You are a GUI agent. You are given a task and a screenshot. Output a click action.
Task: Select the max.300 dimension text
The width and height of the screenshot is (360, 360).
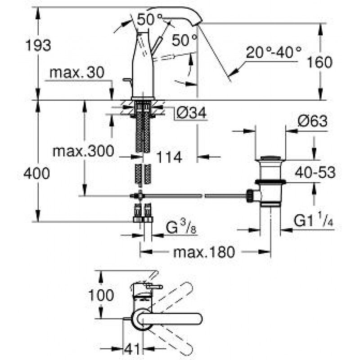[x=83, y=150]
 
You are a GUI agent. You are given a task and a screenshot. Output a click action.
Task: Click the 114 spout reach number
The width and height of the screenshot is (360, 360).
[x=169, y=157]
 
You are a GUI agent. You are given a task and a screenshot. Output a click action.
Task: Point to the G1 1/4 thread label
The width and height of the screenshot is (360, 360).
[x=314, y=221]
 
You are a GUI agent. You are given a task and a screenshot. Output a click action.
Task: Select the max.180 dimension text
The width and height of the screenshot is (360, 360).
[x=204, y=252]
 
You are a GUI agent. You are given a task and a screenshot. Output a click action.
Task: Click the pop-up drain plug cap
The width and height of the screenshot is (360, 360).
[x=270, y=158]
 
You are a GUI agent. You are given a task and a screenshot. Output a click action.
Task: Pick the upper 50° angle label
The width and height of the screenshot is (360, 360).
[x=150, y=19]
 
